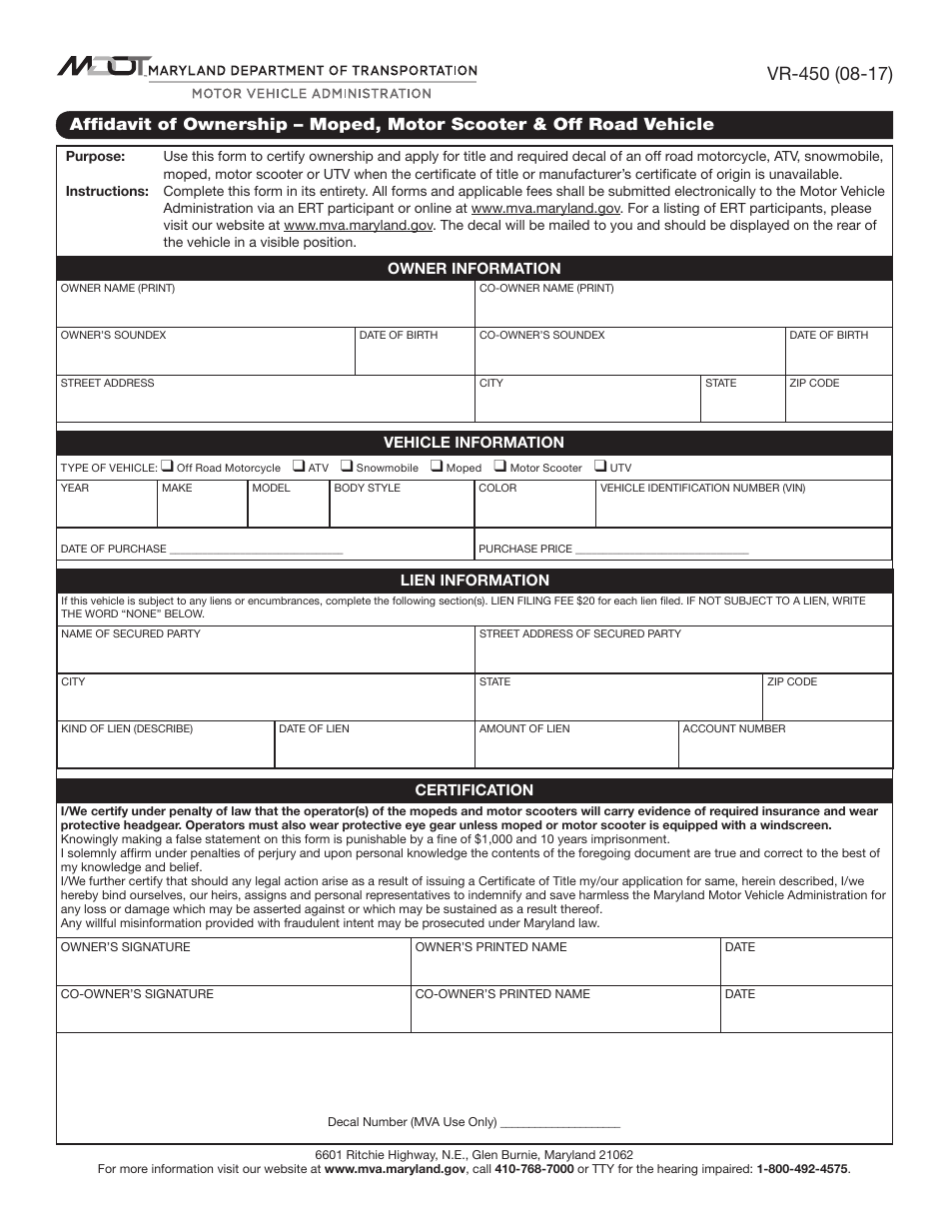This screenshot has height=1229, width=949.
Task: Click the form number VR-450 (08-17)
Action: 829,74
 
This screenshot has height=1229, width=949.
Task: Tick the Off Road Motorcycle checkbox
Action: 169,466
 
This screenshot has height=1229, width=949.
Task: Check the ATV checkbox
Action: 299,466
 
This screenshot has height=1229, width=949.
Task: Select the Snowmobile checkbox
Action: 347,466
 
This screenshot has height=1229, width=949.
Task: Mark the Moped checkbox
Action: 437,466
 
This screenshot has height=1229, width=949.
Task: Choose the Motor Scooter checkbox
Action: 500,466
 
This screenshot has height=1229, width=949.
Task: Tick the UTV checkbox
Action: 600,466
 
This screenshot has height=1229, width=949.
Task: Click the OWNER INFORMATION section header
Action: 474,268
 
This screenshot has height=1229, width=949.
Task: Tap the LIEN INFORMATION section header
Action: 474,580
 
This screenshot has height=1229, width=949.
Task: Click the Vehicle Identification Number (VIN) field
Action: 743,510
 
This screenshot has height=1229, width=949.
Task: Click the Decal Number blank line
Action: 559,1122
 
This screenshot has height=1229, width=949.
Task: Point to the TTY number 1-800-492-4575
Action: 802,1168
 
